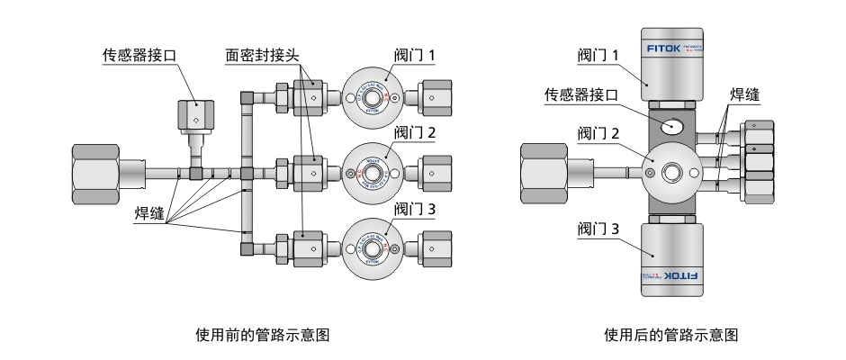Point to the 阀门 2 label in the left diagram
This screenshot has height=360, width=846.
tap(416, 132)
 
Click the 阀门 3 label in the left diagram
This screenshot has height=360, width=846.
tap(416, 209)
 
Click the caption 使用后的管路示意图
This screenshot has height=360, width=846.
tap(672, 335)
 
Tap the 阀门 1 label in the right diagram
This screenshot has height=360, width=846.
tap(598, 56)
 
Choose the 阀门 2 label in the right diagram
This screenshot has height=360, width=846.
tap(598, 134)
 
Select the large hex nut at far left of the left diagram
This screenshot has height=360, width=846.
tap(95, 173)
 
